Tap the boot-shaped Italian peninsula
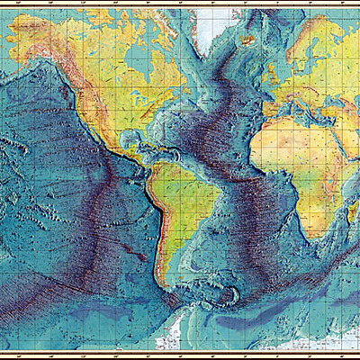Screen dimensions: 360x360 tap(291, 103)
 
